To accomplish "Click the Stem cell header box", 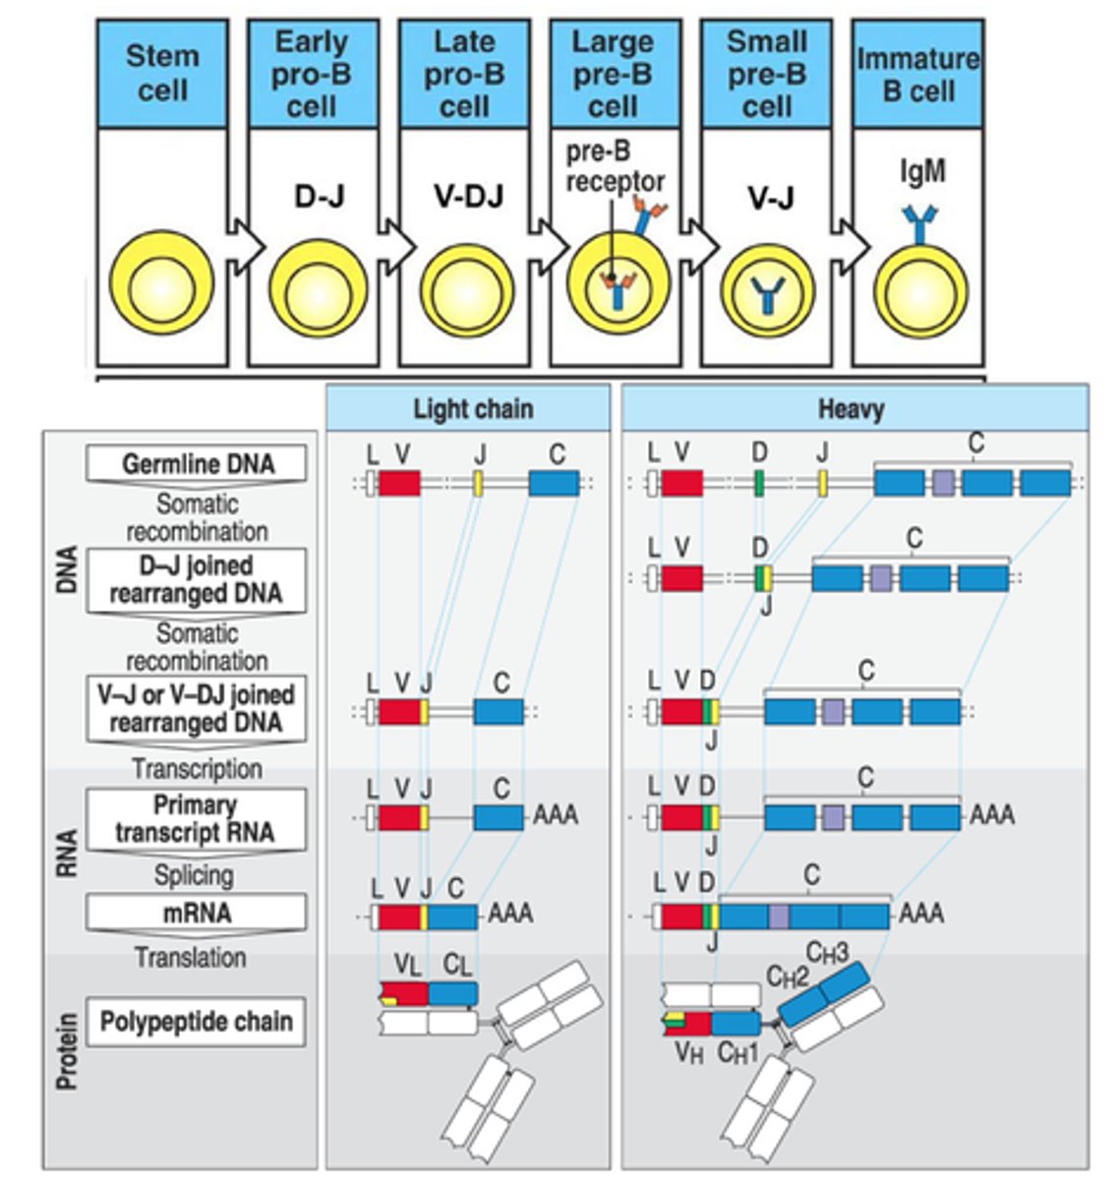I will click(162, 74).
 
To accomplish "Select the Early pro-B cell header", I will click(312, 74).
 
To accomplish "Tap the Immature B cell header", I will click(918, 74).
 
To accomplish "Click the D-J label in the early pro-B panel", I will click(319, 197).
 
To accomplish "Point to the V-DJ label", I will click(468, 197).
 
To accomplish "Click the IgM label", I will click(922, 171).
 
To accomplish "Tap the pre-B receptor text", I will click(615, 167).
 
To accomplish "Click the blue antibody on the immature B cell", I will click(922, 226).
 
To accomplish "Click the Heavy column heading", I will click(852, 408).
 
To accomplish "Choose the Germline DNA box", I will click(197, 463).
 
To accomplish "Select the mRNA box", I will click(197, 913).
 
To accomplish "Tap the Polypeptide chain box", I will click(197, 1022).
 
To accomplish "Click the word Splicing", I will click(194, 874).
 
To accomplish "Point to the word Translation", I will click(190, 957).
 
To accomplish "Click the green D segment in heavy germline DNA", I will click(759, 483).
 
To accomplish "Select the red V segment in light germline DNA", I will click(399, 483).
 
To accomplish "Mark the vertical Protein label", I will click(67, 1051).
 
